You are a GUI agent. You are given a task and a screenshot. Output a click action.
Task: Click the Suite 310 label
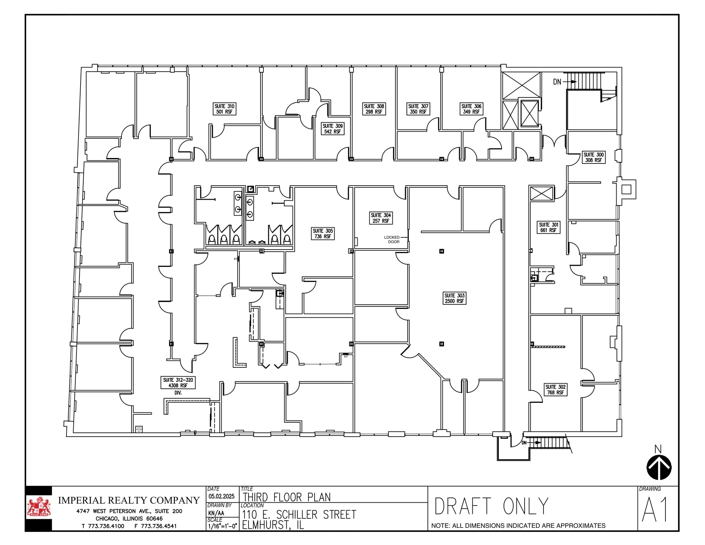(224, 109)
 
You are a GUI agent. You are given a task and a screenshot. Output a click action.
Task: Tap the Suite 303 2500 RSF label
(454, 298)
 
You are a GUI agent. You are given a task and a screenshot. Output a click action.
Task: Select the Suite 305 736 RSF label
(323, 233)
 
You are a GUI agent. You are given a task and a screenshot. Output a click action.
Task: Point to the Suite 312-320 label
(178, 382)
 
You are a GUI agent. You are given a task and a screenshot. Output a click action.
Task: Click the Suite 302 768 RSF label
(555, 390)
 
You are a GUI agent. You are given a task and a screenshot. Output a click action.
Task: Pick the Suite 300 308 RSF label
(593, 157)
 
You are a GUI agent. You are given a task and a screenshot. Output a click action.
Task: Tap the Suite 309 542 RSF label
(332, 129)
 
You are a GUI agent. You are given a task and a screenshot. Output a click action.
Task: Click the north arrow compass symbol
(659, 467)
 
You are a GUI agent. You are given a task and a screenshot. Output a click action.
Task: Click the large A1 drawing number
(655, 510)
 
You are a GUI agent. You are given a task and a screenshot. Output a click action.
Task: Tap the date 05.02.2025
(221, 496)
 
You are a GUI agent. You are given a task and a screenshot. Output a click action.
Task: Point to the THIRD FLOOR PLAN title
(286, 497)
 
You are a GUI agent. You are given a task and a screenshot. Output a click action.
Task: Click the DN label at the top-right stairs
(557, 82)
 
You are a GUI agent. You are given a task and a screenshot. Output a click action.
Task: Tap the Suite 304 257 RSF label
(381, 218)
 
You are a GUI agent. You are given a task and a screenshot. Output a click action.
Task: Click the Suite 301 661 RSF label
(548, 227)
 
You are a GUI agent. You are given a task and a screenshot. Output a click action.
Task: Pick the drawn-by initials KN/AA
(216, 513)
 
